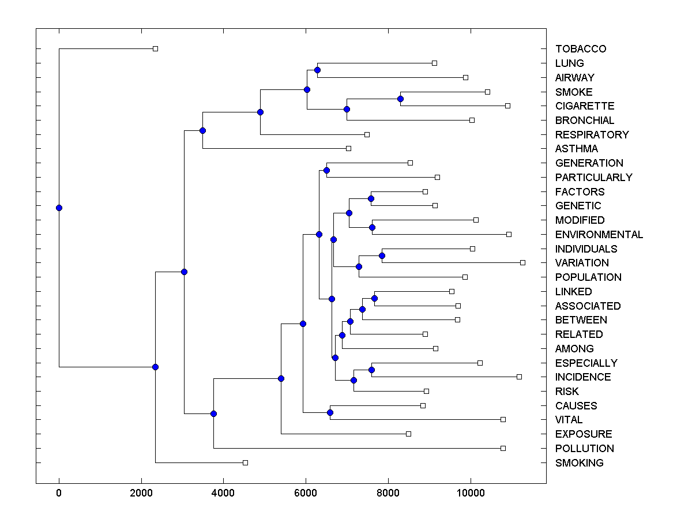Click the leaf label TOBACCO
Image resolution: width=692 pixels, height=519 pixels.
click(581, 49)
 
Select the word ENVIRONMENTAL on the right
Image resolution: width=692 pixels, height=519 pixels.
click(599, 235)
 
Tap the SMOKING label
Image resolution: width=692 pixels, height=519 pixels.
click(579, 462)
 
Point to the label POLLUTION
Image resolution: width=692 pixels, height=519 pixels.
click(584, 449)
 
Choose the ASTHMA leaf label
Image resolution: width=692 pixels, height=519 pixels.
click(576, 149)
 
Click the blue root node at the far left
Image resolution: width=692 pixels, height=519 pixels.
click(59, 208)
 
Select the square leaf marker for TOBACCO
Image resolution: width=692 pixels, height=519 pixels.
click(155, 48)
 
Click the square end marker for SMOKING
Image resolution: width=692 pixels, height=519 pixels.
click(245, 462)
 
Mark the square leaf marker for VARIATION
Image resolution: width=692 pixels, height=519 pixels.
click(522, 262)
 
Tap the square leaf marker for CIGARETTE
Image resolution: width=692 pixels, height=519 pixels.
click(507, 106)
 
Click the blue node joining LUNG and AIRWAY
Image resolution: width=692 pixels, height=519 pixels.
click(317, 70)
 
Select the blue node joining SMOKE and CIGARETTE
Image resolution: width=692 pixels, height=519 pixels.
click(401, 99)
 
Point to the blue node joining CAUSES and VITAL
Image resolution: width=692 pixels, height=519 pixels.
click(330, 412)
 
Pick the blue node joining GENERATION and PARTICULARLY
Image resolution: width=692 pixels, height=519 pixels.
click(326, 170)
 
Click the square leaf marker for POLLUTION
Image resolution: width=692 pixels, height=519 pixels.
click(503, 448)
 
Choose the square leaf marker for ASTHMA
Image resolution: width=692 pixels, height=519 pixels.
click(348, 148)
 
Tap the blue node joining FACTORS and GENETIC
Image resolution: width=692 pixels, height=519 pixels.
click(371, 198)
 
